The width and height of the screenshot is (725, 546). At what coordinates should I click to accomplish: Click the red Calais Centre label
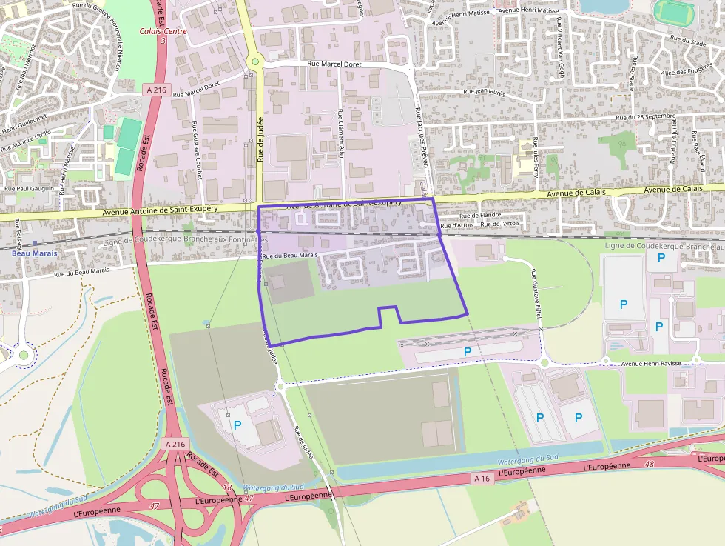[x=163, y=31]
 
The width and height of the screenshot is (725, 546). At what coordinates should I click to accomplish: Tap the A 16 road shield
[x=481, y=479]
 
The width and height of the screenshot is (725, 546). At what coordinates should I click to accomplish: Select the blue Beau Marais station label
[x=35, y=253]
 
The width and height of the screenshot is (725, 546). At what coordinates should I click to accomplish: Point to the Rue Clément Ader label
[x=341, y=135]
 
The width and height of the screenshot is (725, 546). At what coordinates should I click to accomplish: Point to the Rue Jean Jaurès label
[x=483, y=91]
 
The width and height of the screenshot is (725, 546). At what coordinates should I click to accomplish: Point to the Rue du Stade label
[x=687, y=42]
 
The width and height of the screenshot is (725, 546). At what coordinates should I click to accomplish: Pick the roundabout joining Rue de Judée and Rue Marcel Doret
[x=254, y=61]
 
